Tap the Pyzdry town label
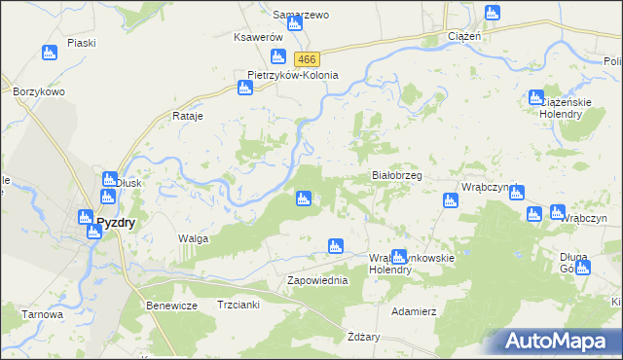click(x=116, y=222)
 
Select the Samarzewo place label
click(x=301, y=16)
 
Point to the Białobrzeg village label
click(x=397, y=175)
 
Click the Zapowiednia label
click(x=317, y=280)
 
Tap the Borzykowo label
click(x=39, y=91)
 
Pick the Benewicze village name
click(x=172, y=306)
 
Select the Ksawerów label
click(x=257, y=37)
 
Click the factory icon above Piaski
click(x=51, y=54)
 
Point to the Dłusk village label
click(x=129, y=181)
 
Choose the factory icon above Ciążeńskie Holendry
click(x=535, y=97)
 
